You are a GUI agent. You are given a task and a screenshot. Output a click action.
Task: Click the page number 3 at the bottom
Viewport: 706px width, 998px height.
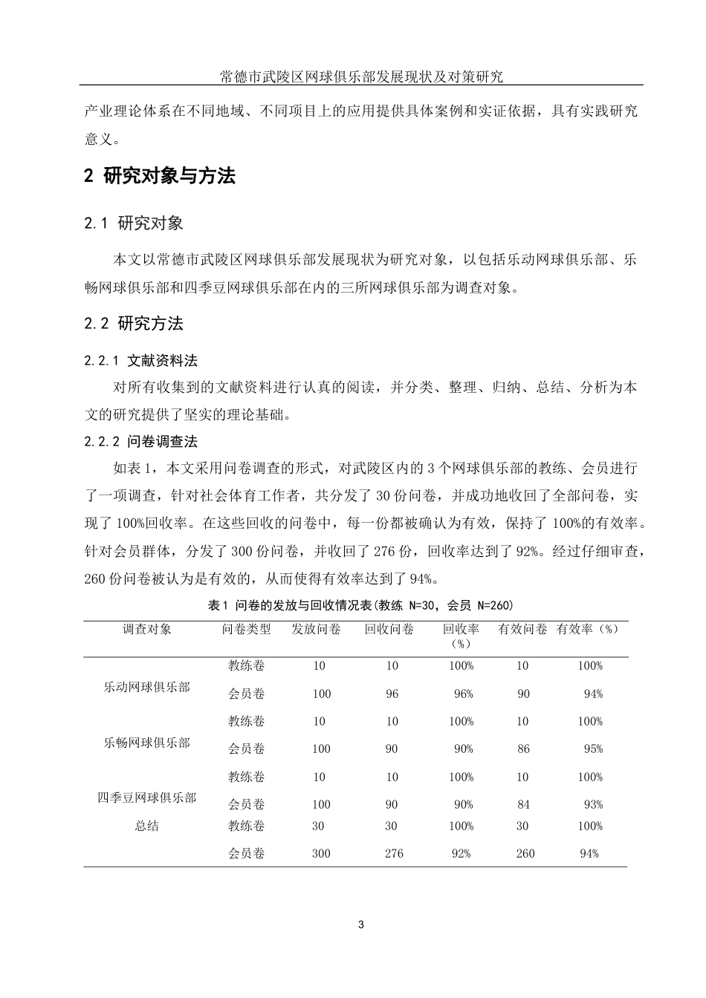(x=361, y=924)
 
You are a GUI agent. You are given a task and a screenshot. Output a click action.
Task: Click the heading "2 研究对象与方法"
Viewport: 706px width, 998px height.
(x=160, y=176)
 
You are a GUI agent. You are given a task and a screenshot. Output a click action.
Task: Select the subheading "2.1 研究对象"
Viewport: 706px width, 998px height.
(x=134, y=223)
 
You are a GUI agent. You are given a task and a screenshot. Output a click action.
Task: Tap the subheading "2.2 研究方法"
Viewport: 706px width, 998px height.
(x=134, y=323)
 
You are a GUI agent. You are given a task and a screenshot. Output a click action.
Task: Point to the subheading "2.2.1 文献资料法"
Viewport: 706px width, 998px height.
(x=140, y=361)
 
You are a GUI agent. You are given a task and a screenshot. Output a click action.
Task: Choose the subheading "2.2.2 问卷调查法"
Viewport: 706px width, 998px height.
(x=140, y=441)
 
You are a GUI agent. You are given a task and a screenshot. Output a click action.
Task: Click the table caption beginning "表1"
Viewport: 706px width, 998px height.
(x=361, y=605)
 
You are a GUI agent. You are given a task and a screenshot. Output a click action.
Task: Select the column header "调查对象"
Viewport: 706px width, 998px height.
(x=147, y=629)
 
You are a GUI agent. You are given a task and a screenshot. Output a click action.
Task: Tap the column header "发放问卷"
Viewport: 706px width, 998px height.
(x=317, y=629)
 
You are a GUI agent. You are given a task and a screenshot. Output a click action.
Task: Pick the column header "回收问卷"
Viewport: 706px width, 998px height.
(x=389, y=629)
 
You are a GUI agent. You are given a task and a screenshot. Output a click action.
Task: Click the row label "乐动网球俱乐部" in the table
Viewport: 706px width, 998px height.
(x=147, y=687)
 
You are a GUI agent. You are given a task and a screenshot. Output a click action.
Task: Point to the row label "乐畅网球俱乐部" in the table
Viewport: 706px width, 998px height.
(x=147, y=743)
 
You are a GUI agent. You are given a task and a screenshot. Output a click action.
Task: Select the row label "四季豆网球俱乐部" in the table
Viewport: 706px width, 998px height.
(x=147, y=798)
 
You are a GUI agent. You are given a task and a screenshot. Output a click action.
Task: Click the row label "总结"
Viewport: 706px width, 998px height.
(x=147, y=826)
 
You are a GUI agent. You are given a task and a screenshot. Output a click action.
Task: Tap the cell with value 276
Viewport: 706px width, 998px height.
(x=394, y=853)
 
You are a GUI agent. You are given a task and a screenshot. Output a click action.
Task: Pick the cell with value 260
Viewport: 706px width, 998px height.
(x=525, y=853)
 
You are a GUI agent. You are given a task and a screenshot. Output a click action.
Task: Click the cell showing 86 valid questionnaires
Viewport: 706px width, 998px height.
(x=524, y=748)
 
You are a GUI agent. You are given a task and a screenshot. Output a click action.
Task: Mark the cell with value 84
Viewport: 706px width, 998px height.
(x=524, y=804)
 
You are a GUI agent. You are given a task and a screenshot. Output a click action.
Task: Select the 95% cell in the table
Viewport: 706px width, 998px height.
(x=593, y=748)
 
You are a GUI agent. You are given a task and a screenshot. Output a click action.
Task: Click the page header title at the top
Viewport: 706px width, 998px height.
(x=361, y=76)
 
